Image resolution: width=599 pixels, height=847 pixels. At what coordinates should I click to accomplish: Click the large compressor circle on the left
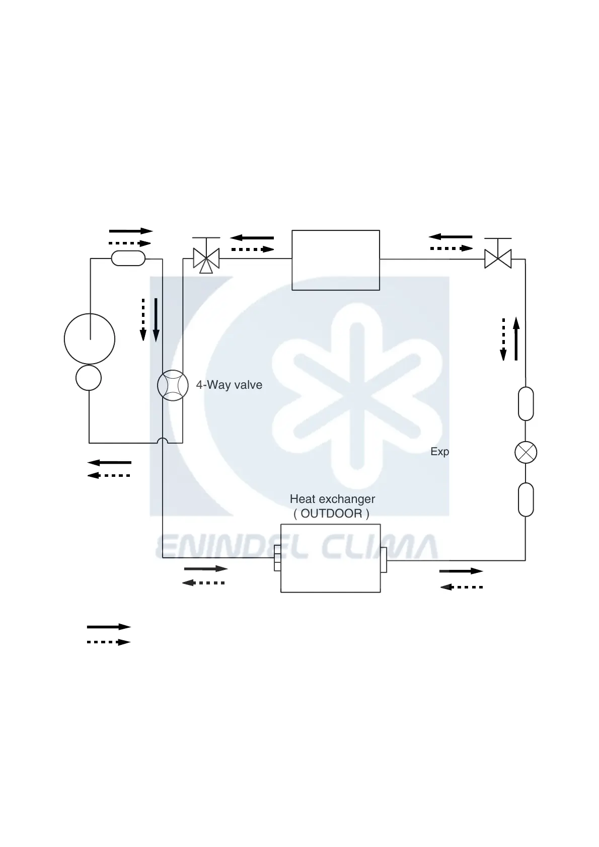coord(90,338)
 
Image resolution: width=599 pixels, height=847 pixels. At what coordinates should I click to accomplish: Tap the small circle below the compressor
coord(89,378)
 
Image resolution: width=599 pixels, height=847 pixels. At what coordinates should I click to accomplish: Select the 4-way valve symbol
coord(173,386)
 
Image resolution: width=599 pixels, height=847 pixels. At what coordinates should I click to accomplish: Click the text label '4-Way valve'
coord(229,385)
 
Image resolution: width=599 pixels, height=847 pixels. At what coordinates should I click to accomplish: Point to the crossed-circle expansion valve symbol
coord(526,452)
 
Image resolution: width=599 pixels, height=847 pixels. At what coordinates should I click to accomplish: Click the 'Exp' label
coord(439,452)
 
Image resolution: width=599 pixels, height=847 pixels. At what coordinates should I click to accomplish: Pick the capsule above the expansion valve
coord(526,404)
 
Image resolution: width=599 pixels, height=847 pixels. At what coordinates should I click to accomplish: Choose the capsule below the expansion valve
coord(526,499)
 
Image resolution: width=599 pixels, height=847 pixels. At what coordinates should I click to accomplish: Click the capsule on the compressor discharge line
coord(128,259)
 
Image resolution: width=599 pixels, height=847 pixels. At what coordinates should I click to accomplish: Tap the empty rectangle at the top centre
coord(336,260)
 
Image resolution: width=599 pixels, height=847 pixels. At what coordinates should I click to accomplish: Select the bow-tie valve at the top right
coord(498,259)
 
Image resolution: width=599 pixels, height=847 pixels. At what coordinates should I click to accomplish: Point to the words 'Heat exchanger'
coord(332,499)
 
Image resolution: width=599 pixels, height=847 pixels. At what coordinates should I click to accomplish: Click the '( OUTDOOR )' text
coord(331,514)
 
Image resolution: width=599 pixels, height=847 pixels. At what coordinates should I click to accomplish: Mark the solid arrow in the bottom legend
coord(109,627)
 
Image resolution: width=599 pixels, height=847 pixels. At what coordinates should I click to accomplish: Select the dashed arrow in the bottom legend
coord(109,642)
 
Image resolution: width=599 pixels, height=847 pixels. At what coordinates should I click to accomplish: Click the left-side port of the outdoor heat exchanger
coord(277,558)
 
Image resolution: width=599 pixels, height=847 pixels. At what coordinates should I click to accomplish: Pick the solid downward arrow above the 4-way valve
coord(156,319)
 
